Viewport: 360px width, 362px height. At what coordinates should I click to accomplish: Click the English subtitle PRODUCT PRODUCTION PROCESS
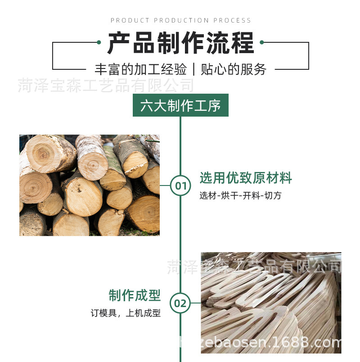click(180, 20)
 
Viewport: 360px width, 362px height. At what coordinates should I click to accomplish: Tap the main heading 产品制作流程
click(181, 43)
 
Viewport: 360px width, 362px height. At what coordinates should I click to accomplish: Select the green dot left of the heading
click(99, 42)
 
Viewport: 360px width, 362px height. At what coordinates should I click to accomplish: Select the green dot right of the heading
click(262, 42)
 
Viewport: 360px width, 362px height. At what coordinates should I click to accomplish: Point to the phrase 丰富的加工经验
click(140, 69)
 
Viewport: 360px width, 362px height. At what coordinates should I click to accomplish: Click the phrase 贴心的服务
click(234, 69)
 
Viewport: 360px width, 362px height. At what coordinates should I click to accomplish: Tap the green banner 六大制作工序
click(180, 105)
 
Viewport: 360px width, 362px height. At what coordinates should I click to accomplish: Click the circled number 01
click(180, 186)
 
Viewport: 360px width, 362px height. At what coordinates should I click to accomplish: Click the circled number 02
click(180, 303)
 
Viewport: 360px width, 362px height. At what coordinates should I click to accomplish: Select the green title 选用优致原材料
click(246, 178)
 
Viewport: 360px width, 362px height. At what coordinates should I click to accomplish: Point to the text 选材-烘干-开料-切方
click(240, 195)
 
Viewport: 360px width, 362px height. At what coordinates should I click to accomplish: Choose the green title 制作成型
click(135, 295)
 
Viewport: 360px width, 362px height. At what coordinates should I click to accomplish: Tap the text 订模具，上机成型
click(126, 313)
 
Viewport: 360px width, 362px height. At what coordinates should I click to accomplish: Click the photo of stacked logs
click(90, 185)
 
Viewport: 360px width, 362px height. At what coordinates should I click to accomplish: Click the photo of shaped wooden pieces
click(271, 303)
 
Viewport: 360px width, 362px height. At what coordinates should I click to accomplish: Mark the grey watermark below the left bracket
click(106, 86)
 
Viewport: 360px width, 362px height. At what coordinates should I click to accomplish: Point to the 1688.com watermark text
click(261, 342)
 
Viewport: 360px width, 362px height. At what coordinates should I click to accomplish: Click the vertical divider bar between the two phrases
click(193, 69)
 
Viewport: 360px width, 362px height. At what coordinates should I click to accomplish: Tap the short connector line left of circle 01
click(165, 185)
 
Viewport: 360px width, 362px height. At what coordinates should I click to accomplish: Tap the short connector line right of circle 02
click(196, 303)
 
